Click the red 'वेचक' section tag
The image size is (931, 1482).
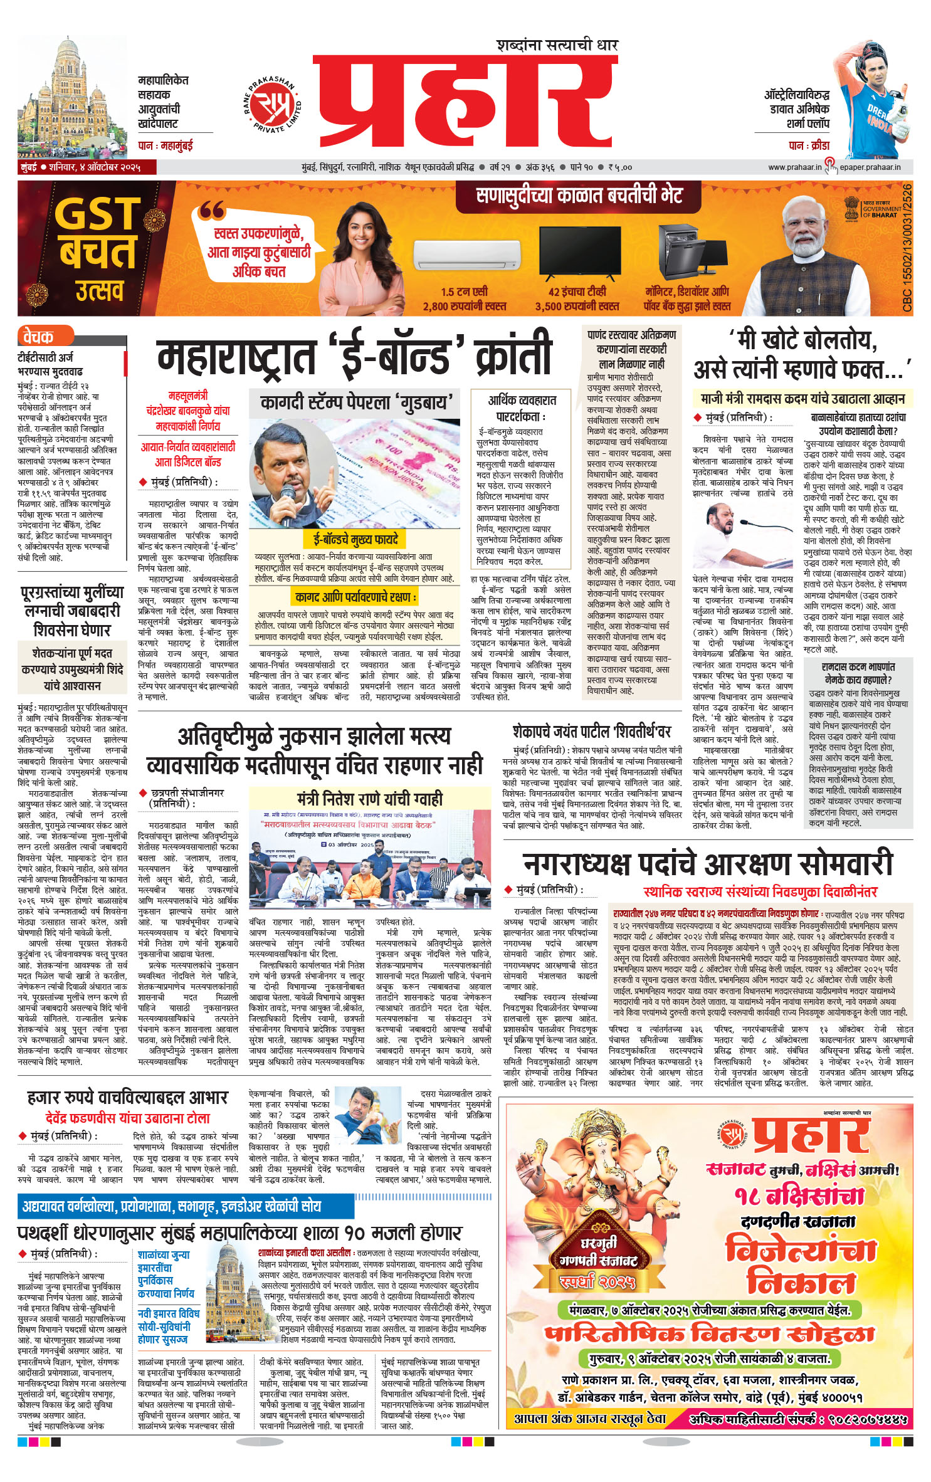38,337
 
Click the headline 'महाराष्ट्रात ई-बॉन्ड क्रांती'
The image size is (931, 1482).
354,355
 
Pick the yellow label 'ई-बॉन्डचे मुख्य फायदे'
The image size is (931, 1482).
355,539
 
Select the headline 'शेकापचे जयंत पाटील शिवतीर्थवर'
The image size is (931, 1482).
591,732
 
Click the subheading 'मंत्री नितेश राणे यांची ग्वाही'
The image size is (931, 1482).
370,798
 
